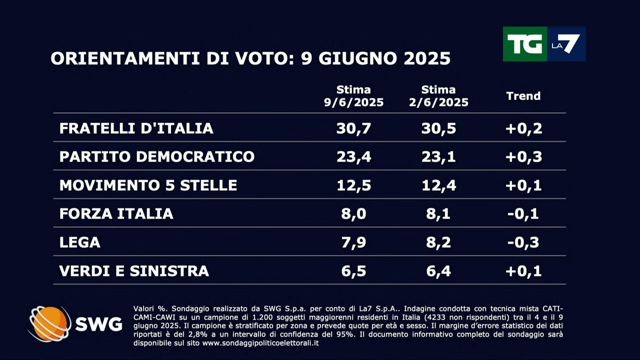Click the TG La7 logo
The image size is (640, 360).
[x=544, y=44]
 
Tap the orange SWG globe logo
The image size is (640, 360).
[x=49, y=323]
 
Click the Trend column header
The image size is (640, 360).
[x=523, y=96]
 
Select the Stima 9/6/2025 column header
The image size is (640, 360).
[x=353, y=96]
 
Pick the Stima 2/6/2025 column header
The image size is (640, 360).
[x=438, y=96]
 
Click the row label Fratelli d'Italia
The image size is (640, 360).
[x=136, y=128]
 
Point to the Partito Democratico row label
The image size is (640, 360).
[x=157, y=157]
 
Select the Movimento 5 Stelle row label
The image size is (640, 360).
[x=148, y=185]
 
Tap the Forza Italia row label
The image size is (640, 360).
[x=116, y=214]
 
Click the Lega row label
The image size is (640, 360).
[x=80, y=242]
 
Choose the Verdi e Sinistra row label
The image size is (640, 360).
[x=134, y=271]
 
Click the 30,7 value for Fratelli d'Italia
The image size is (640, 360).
[x=353, y=128]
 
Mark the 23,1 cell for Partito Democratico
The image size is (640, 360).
[x=438, y=157]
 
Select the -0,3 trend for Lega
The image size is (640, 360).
[x=523, y=242]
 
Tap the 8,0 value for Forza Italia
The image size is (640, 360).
[x=353, y=214]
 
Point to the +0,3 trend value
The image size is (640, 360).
[x=523, y=157]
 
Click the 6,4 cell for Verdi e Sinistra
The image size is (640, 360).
[x=438, y=271]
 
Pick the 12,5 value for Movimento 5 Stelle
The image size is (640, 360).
[x=353, y=185]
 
